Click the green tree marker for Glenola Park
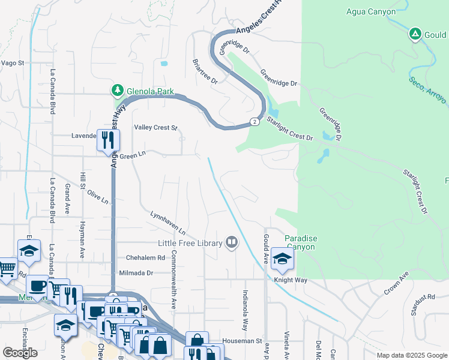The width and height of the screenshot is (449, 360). point(118,91)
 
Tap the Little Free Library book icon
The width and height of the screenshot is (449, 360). point(232,243)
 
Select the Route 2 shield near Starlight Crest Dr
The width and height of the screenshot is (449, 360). point(255,122)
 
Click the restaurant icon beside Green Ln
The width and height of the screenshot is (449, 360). point(108,140)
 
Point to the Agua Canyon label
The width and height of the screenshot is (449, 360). point(371,11)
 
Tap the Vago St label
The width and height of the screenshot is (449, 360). point(12,62)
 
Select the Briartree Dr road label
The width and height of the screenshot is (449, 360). point(205,71)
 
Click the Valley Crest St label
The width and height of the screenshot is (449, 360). point(156,127)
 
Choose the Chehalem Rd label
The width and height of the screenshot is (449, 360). point(145,258)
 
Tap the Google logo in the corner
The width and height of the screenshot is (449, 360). point(20,353)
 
